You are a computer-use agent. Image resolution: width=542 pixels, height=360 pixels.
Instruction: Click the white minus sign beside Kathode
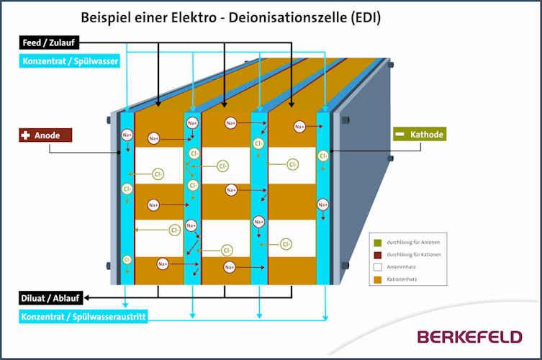click(x=399, y=135)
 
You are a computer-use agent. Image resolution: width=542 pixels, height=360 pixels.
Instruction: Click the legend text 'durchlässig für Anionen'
click(x=414, y=242)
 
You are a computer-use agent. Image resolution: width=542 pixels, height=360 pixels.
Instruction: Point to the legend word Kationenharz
click(x=402, y=278)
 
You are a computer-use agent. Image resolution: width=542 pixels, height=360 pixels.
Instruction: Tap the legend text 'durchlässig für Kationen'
click(x=414, y=254)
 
